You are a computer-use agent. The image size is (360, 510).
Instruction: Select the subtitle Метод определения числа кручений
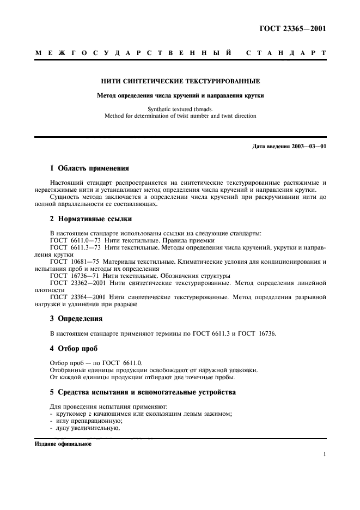click(x=180, y=95)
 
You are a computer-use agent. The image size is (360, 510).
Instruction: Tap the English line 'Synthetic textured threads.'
click(x=180, y=109)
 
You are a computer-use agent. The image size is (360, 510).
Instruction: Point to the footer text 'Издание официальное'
click(x=63, y=444)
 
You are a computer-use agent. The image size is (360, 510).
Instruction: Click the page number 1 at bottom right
click(x=324, y=454)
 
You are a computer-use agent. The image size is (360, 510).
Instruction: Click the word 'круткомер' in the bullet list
click(x=71, y=414)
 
